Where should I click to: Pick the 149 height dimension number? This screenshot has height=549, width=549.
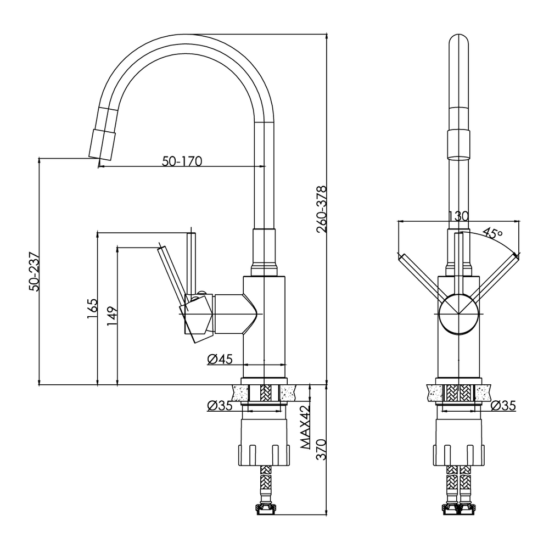point(112,316)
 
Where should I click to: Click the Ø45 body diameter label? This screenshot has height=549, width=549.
point(220,360)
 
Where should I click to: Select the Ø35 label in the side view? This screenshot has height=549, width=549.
point(219,406)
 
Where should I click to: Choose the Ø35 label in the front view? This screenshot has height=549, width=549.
point(502,406)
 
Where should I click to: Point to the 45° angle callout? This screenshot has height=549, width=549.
point(493,233)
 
